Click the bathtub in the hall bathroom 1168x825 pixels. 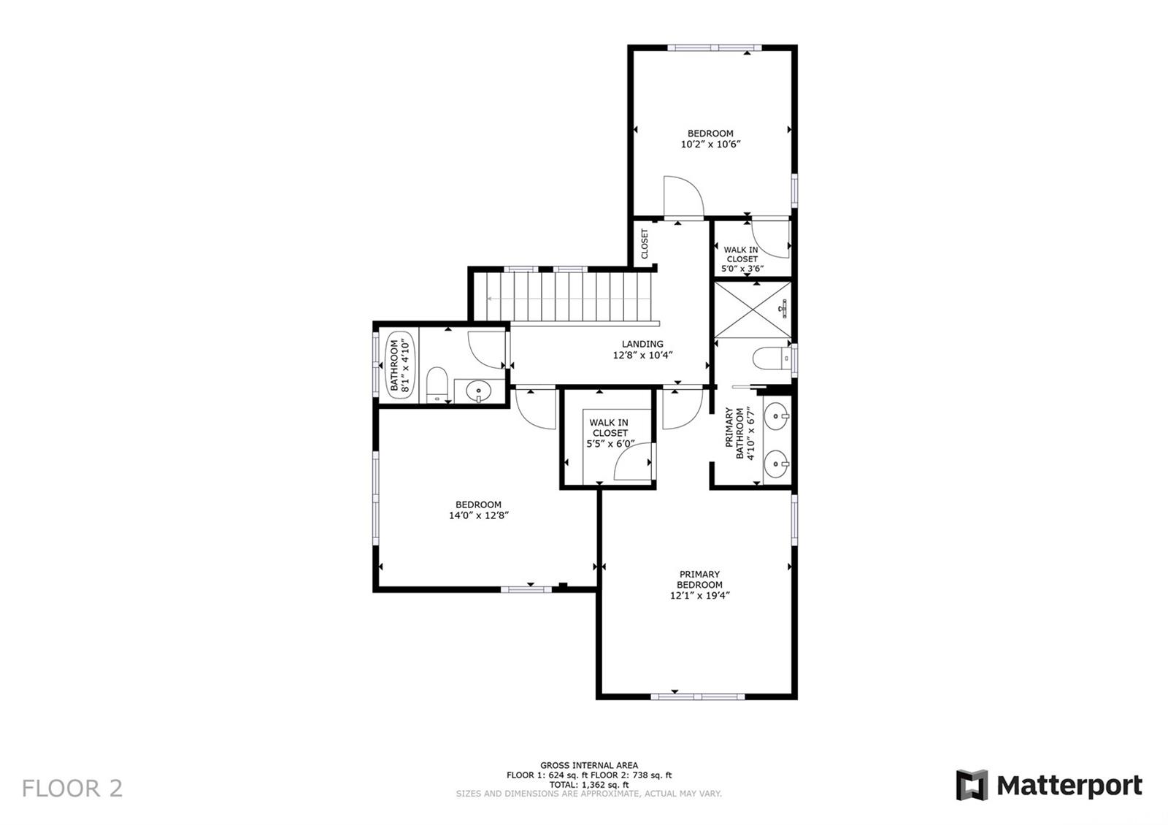(x=401, y=365)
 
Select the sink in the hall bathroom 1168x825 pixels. (x=478, y=391)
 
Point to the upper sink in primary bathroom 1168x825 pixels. (x=777, y=416)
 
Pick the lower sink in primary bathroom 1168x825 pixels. (x=777, y=463)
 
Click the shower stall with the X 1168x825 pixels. (x=753, y=310)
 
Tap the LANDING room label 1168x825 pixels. (x=642, y=344)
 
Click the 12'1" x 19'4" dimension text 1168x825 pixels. (x=700, y=596)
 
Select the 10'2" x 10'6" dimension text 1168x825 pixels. (x=710, y=145)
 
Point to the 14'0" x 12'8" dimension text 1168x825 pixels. (x=479, y=515)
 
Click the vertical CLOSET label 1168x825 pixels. (x=645, y=244)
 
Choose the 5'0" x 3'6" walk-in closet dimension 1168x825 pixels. (x=742, y=269)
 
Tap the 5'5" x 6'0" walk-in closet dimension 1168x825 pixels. (x=610, y=444)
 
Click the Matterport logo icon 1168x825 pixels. (x=972, y=785)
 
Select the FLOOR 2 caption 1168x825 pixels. (x=72, y=788)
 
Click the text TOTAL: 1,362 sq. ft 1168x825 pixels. (x=589, y=785)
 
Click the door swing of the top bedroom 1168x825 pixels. (x=683, y=196)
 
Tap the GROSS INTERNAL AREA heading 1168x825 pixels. (x=589, y=766)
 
